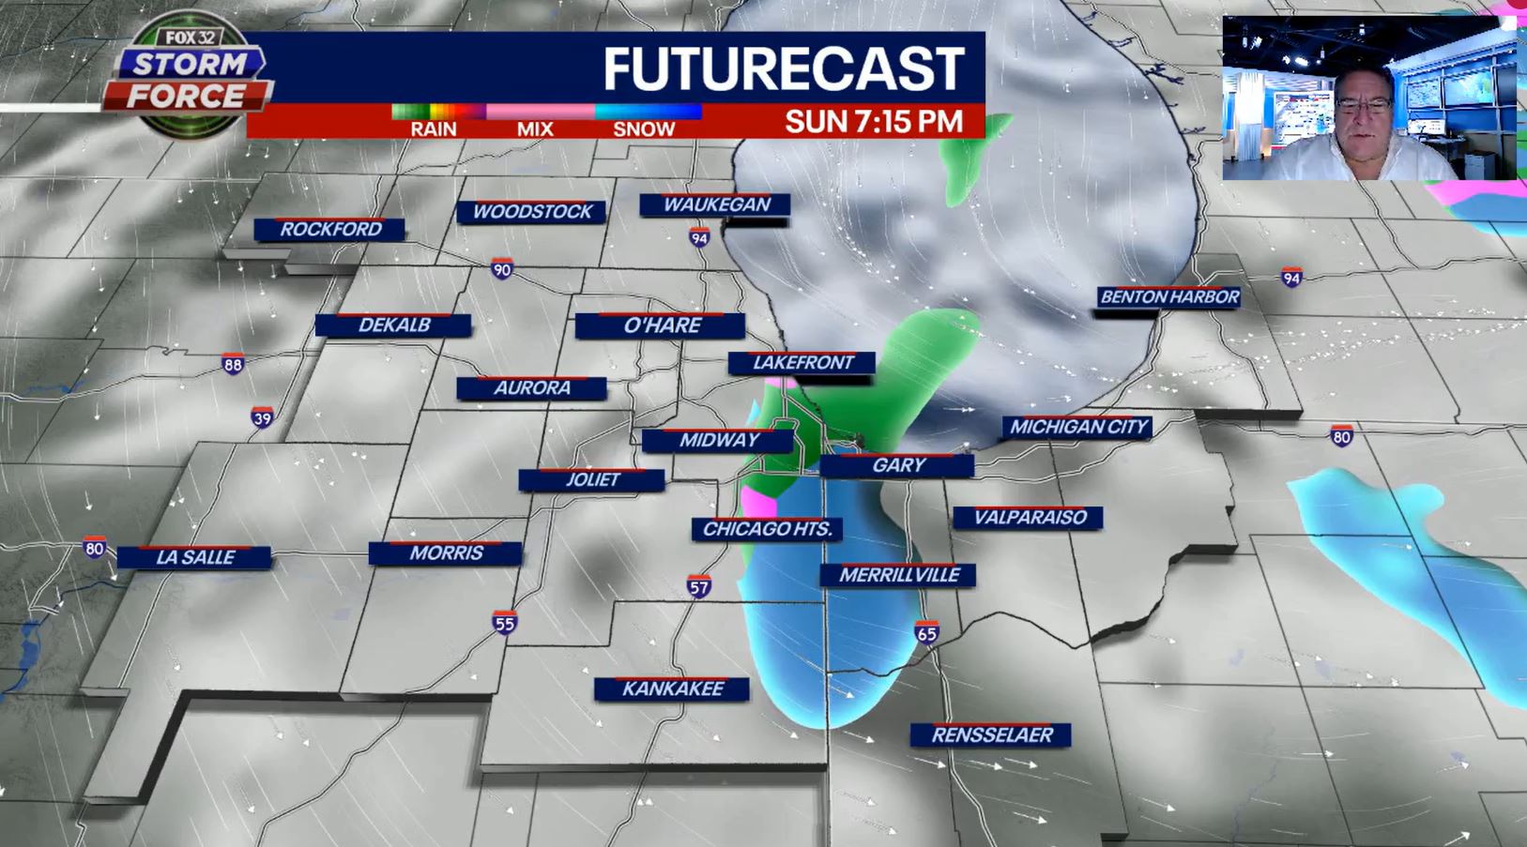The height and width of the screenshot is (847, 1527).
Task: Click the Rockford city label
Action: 330,229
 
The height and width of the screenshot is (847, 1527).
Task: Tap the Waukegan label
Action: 716,204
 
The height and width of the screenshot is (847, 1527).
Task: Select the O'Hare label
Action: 662,325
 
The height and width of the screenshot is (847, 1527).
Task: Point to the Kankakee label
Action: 672,688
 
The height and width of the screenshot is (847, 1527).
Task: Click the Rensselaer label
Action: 991,735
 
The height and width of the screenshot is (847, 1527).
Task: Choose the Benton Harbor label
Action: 1169,297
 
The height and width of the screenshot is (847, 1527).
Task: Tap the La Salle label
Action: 195,557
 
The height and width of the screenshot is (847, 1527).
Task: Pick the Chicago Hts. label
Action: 767,529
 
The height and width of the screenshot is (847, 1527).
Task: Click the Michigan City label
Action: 1078,427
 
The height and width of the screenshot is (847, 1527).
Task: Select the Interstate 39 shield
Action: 263,417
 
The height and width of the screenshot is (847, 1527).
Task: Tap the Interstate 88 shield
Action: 233,364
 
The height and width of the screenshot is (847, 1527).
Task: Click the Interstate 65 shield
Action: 926,632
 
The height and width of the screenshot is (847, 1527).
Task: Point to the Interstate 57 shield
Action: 698,587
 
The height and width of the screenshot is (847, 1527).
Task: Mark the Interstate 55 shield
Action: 505,622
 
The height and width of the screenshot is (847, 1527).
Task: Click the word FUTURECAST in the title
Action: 783,68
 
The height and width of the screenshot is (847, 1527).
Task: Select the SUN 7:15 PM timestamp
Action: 873,122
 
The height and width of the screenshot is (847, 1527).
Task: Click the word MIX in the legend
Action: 535,129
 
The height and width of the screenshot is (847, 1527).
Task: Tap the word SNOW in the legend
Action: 644,129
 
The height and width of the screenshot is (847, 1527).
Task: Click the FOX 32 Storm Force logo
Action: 188,80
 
